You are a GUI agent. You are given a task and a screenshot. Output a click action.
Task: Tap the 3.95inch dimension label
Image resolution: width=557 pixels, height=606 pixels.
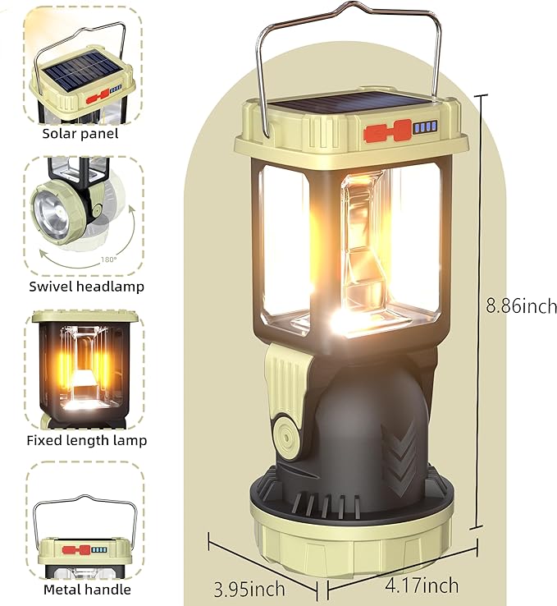pos(249,588)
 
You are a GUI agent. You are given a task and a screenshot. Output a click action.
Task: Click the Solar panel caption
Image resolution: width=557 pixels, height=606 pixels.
pos(80,133)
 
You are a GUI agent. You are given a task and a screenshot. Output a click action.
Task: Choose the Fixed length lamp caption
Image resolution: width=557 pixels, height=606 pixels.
pos(86,440)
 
